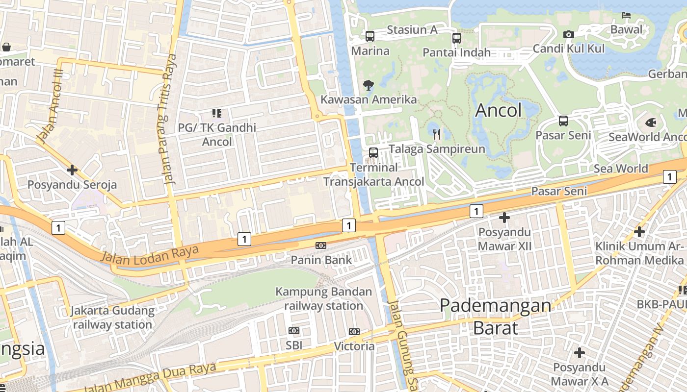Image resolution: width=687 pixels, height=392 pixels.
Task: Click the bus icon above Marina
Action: coord(370,36)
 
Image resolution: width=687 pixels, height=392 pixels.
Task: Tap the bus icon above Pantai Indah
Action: coord(457,38)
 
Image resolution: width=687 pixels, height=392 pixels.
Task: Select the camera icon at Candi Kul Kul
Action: coord(569,34)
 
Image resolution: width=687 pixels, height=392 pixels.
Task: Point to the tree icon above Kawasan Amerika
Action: coord(368,85)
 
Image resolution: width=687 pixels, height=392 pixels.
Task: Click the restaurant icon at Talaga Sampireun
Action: coord(437,134)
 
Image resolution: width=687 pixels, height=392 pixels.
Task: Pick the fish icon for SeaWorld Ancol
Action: coord(651,122)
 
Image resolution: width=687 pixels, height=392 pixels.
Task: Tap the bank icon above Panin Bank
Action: coord(321,245)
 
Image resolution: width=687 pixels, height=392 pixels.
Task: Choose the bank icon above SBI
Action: coord(294,331)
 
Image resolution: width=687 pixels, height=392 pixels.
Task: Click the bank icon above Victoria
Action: coord(354,332)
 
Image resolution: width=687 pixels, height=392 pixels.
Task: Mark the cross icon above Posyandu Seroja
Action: coord(72,170)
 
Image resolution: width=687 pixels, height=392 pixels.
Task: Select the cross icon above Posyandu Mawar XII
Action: coord(504,217)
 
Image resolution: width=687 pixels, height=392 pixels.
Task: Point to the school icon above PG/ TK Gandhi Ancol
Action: coord(217,113)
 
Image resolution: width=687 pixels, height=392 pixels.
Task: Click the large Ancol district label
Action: coord(499,111)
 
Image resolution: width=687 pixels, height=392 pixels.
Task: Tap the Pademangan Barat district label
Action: coord(495,316)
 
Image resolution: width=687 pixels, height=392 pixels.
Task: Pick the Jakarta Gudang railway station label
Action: coord(112,318)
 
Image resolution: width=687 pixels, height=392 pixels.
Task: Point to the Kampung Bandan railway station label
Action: coord(323,299)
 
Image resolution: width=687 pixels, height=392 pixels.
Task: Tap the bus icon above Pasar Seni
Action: coord(563,121)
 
